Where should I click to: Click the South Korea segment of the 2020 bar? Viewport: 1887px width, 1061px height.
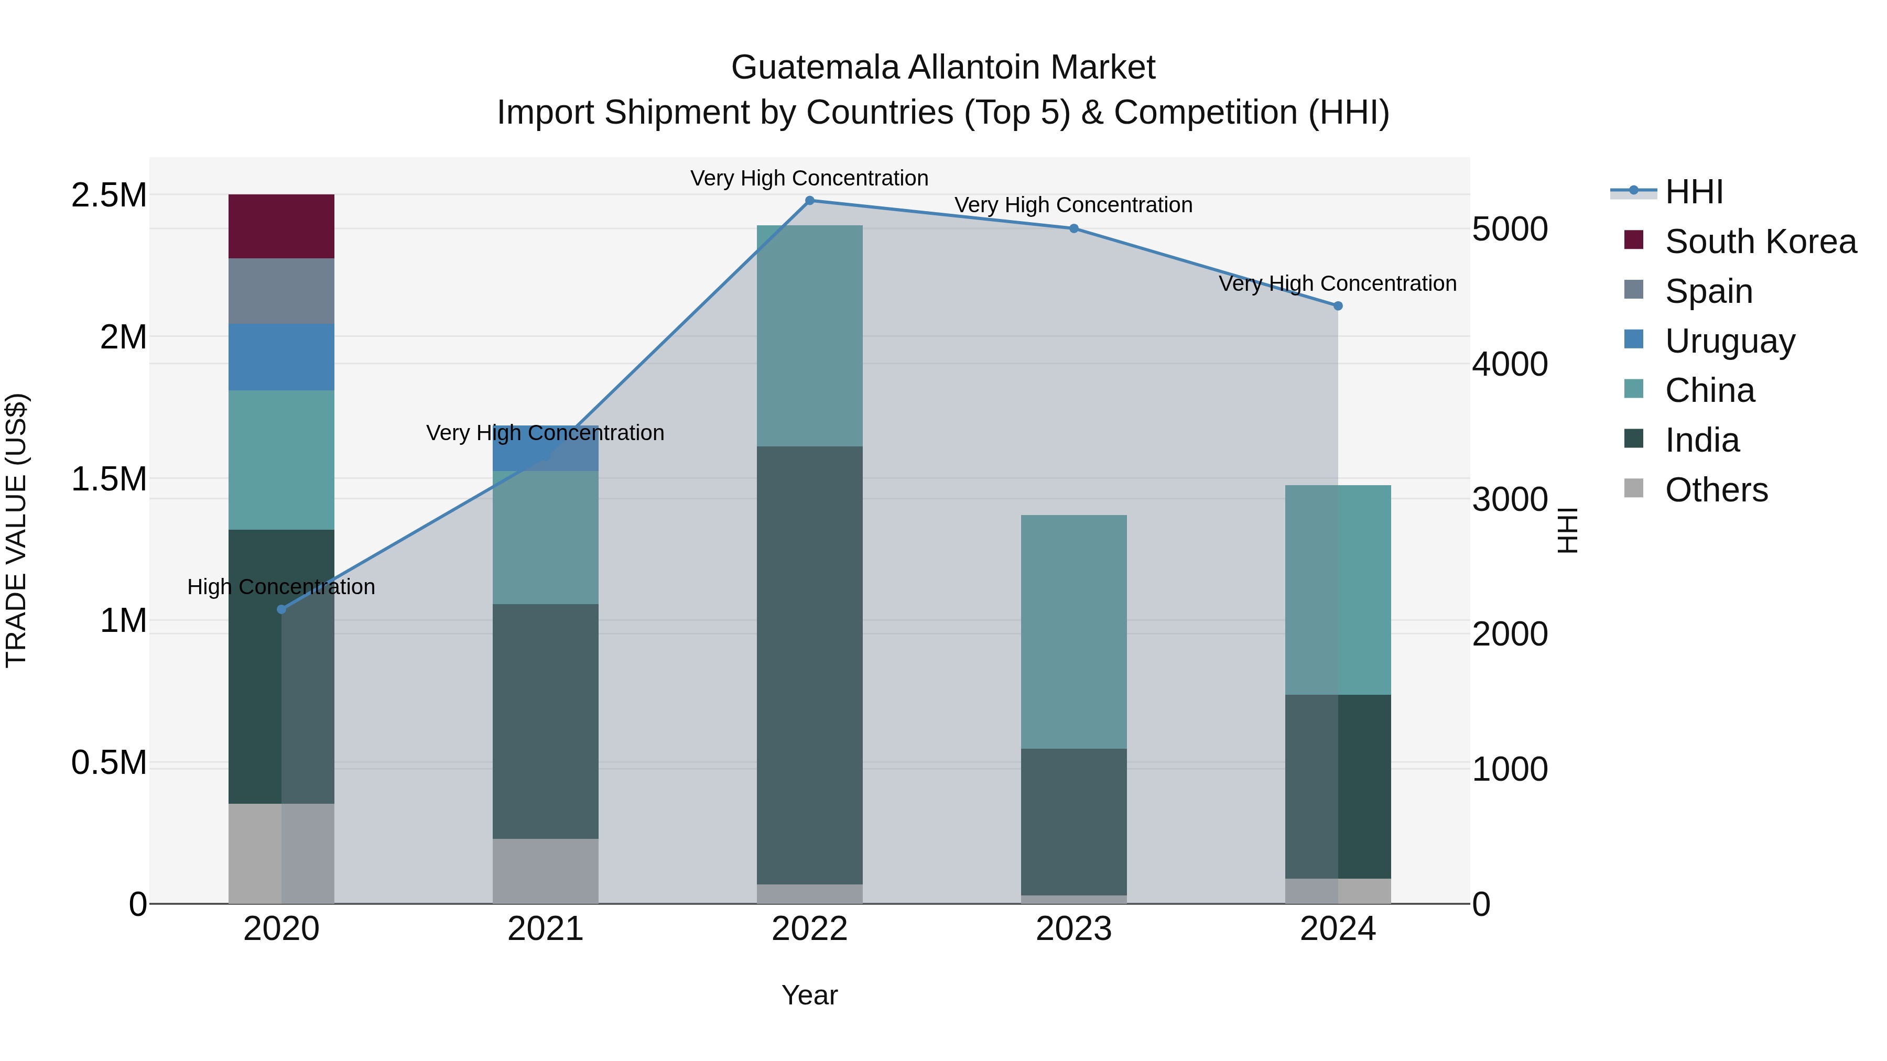[x=281, y=226]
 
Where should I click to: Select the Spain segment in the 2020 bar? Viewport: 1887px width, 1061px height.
[x=281, y=291]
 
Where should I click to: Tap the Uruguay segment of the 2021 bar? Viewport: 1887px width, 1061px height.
[x=545, y=448]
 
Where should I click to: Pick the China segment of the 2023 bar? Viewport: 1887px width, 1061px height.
[x=1073, y=631]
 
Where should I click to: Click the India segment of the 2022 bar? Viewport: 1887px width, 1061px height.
[x=809, y=665]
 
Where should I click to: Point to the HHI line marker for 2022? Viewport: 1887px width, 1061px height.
[x=809, y=201]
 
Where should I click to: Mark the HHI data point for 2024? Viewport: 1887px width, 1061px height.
[x=1338, y=306]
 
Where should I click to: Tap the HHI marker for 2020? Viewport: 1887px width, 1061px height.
[x=281, y=609]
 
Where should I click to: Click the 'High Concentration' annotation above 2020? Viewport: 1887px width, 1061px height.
[x=281, y=587]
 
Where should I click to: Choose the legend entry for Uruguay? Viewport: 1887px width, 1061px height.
[x=1730, y=341]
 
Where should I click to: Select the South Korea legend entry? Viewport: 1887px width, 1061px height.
[x=1760, y=242]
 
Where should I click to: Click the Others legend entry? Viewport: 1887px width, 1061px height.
[x=1716, y=490]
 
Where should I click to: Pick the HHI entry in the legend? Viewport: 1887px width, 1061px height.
[x=1694, y=192]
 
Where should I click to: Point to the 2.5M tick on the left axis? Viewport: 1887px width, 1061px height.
[x=109, y=195]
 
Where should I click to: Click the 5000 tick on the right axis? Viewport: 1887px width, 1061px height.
[x=1510, y=229]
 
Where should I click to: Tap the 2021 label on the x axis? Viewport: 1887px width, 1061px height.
[x=545, y=929]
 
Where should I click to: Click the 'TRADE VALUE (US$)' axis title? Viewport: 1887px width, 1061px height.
[x=16, y=530]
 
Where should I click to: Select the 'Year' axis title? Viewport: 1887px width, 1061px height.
[x=809, y=995]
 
